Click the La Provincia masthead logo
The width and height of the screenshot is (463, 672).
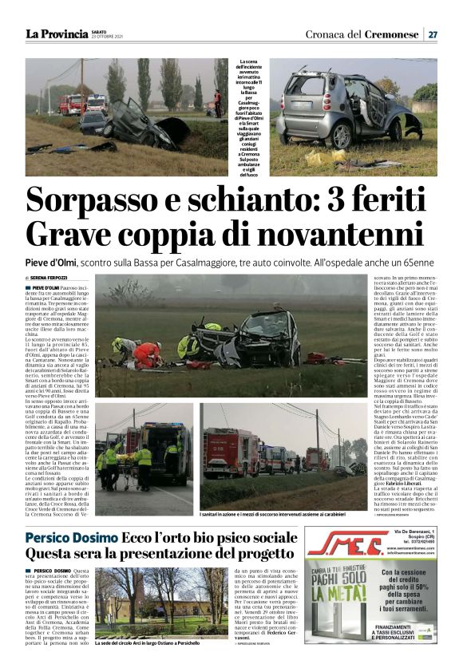(x=56, y=34)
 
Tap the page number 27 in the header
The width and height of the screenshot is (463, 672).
(x=432, y=34)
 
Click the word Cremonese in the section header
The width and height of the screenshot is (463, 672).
(x=392, y=34)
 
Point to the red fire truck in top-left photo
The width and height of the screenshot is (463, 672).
(x=71, y=104)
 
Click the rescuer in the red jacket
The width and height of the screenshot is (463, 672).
(x=148, y=353)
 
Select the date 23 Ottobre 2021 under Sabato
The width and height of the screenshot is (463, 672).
(x=107, y=37)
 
